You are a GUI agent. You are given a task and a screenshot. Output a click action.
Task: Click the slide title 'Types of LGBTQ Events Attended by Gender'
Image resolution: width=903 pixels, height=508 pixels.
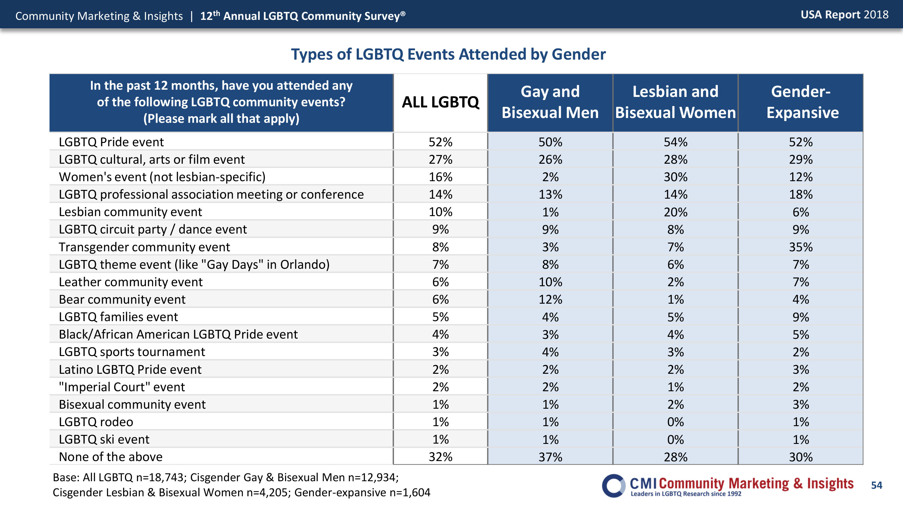point(448,55)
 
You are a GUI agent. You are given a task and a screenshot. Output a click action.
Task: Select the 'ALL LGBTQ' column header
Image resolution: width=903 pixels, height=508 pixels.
point(440,102)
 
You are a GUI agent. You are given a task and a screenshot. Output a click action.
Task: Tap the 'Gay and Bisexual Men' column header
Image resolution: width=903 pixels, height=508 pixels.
point(550,102)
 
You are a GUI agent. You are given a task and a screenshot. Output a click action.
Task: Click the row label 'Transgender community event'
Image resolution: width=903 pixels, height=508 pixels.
point(144,247)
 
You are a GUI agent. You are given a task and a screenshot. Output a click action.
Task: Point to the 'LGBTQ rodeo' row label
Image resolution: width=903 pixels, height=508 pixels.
point(96,422)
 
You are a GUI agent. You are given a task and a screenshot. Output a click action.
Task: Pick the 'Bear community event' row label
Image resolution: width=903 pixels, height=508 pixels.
point(122,299)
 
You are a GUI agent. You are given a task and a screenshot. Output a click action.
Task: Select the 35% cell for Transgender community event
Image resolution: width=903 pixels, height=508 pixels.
point(801,247)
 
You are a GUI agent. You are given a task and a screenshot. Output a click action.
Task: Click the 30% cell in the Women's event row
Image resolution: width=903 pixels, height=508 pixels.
point(675,177)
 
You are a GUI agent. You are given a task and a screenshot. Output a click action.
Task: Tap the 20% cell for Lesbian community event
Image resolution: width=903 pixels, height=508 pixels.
point(675,212)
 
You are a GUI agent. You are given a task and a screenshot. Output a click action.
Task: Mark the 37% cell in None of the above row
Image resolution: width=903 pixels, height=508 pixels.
point(550,457)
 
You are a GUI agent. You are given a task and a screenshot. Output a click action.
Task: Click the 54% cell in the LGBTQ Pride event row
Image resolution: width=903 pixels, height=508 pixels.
point(675,142)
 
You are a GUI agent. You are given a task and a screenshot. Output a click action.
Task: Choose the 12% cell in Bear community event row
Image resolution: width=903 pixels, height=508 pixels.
point(550,299)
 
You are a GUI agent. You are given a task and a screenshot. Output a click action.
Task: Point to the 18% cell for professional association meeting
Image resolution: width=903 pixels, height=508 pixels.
point(801,195)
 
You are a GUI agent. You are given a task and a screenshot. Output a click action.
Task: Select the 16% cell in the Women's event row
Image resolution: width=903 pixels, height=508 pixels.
point(441,177)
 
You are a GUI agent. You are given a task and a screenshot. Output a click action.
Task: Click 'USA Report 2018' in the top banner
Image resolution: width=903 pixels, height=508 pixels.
point(845,15)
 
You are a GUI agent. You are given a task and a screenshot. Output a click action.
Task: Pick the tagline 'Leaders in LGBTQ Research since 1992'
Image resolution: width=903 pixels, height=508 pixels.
point(686,494)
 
